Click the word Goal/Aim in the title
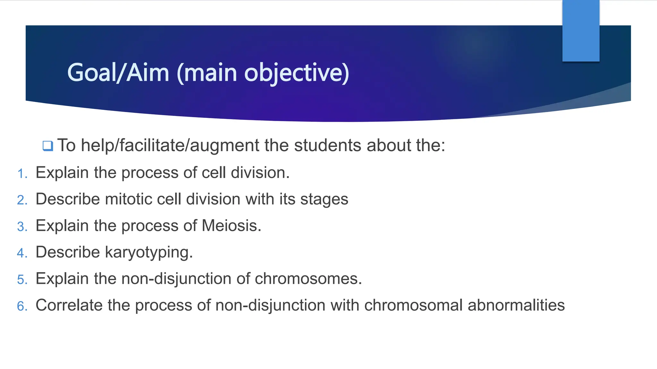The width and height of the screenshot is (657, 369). click(x=118, y=73)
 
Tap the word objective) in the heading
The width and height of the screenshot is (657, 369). click(x=297, y=73)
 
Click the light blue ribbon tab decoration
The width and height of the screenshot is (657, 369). click(x=581, y=30)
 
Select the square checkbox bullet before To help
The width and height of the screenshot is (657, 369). click(x=48, y=146)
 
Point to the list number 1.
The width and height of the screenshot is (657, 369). click(x=22, y=174)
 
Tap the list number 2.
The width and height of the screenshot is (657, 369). click(x=22, y=200)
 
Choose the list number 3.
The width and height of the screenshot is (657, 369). click(x=22, y=227)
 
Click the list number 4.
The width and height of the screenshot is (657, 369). click(x=22, y=253)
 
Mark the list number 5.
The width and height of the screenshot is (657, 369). click(x=22, y=280)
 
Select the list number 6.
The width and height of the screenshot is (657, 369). click(x=22, y=306)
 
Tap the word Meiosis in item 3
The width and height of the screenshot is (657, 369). click(x=231, y=225)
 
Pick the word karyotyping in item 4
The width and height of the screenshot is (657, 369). click(x=149, y=253)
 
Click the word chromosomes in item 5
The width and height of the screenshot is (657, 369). click(x=308, y=279)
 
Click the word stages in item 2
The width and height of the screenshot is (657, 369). click(x=324, y=200)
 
